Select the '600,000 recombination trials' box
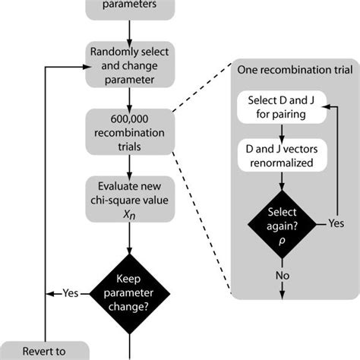click(131, 132)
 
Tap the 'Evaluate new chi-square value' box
click(131, 199)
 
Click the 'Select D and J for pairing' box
click(283, 108)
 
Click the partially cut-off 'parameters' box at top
click(131, 6)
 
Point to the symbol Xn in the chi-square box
click(131, 216)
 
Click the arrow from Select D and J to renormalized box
click(283, 131)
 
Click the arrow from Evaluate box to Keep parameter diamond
click(131, 239)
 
